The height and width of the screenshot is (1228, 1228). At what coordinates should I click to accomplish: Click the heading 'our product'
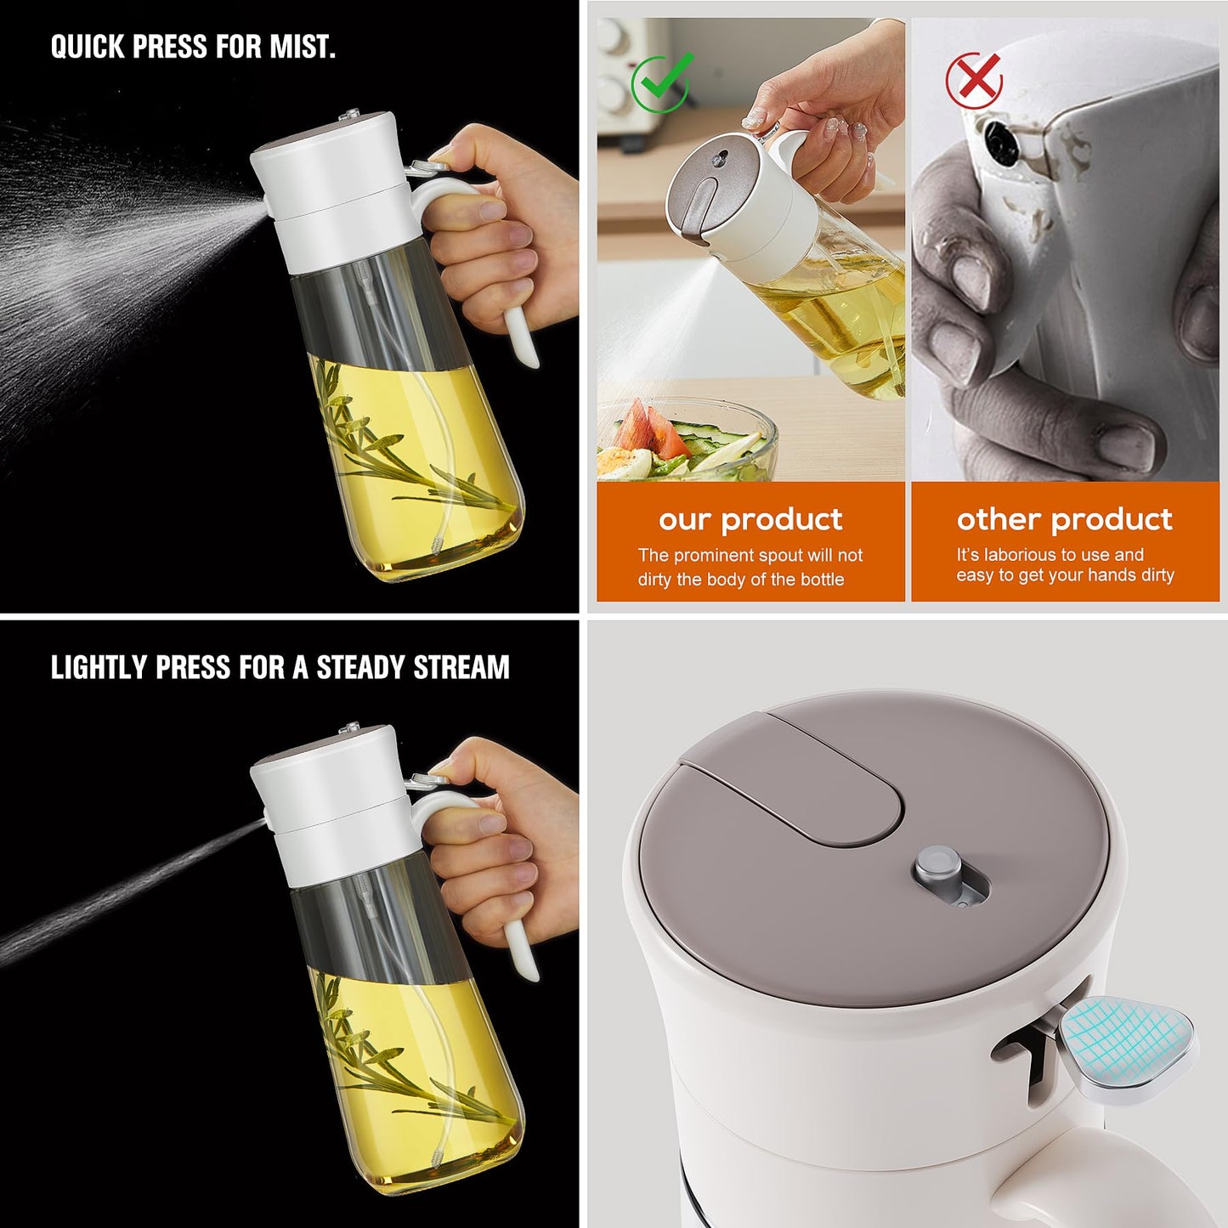click(750, 519)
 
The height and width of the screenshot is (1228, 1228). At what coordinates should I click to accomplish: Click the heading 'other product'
click(1064, 519)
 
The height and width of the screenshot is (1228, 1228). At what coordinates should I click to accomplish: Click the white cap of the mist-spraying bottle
click(331, 187)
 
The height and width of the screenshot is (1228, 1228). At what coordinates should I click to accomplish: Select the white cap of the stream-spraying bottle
click(331, 799)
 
